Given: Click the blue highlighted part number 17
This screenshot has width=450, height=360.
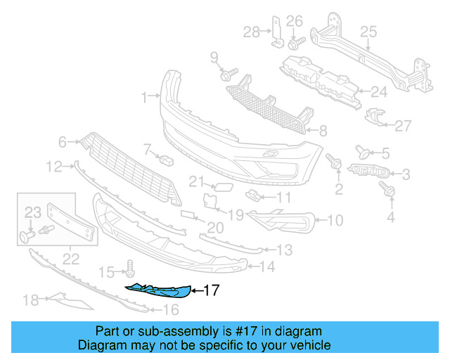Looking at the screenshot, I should click(x=158, y=290).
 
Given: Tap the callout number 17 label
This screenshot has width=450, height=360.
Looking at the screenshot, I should click(x=212, y=290).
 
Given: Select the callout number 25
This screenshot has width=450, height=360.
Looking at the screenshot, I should click(x=369, y=31).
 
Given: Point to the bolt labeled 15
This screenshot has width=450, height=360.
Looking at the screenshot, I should click(x=130, y=267).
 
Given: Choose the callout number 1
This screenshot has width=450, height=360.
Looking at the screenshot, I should click(x=143, y=96).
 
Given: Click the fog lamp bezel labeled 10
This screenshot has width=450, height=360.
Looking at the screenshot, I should click(x=281, y=220).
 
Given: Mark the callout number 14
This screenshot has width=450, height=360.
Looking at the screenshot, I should click(x=268, y=267).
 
